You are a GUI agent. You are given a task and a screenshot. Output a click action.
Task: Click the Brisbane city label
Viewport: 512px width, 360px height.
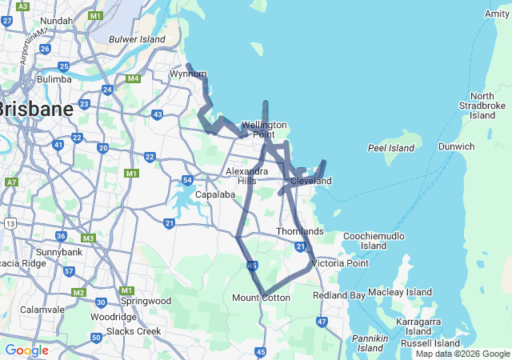pos(36,108)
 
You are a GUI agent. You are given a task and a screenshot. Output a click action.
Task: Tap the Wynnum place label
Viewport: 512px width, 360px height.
pos(188,74)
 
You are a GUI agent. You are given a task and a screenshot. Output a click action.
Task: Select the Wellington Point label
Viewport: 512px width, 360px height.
pos(264,130)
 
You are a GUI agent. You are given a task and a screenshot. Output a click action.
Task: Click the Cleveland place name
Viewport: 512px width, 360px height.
pos(310,182)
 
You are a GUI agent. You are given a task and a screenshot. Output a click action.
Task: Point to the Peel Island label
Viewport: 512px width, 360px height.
pos(390,148)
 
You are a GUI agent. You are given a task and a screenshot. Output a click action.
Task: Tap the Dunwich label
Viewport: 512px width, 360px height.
pos(456,146)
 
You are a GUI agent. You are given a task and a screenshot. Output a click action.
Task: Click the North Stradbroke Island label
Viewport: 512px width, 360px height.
pos(482,106)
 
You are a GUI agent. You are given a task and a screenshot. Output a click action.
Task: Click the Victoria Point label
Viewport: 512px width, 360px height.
pos(340,263)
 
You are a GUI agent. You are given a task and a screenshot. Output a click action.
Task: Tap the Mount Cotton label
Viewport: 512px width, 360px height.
pos(261,298)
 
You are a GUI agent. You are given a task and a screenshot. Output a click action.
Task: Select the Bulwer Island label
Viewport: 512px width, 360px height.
pos(136,38)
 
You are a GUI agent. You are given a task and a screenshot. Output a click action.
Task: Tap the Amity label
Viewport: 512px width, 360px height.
pos(496,14)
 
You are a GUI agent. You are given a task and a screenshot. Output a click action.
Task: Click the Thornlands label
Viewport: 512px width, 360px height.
pos(300,232)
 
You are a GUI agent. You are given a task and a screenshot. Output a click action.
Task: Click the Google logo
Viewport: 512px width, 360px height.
pos(27,350)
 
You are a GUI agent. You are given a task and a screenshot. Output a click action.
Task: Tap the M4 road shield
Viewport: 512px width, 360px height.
pos(133,78)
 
